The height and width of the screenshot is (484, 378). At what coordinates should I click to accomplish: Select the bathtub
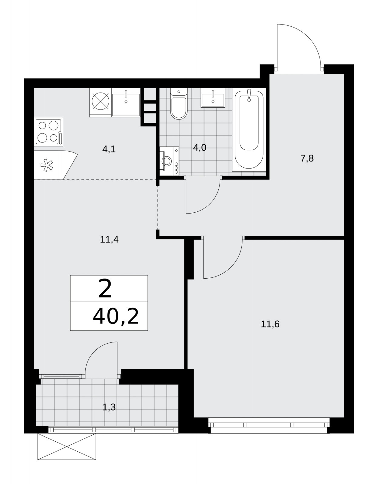[249, 130]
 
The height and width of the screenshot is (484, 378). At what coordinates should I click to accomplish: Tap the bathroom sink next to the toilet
[213, 98]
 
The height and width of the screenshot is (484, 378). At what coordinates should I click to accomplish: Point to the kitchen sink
[126, 103]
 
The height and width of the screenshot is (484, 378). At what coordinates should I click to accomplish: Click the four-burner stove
[48, 132]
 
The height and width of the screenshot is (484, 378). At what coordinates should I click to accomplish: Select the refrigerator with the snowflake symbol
[48, 165]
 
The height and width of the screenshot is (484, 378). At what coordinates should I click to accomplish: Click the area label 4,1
[109, 149]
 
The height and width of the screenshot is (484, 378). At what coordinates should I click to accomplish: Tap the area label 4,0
[200, 147]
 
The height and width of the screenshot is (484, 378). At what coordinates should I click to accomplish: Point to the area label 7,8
[307, 159]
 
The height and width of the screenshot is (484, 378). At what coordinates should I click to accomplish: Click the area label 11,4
[109, 240]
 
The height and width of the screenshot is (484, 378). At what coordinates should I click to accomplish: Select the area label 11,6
[270, 324]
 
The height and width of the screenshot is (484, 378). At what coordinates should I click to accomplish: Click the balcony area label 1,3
[109, 407]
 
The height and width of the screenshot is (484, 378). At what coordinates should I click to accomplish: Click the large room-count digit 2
[105, 289]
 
